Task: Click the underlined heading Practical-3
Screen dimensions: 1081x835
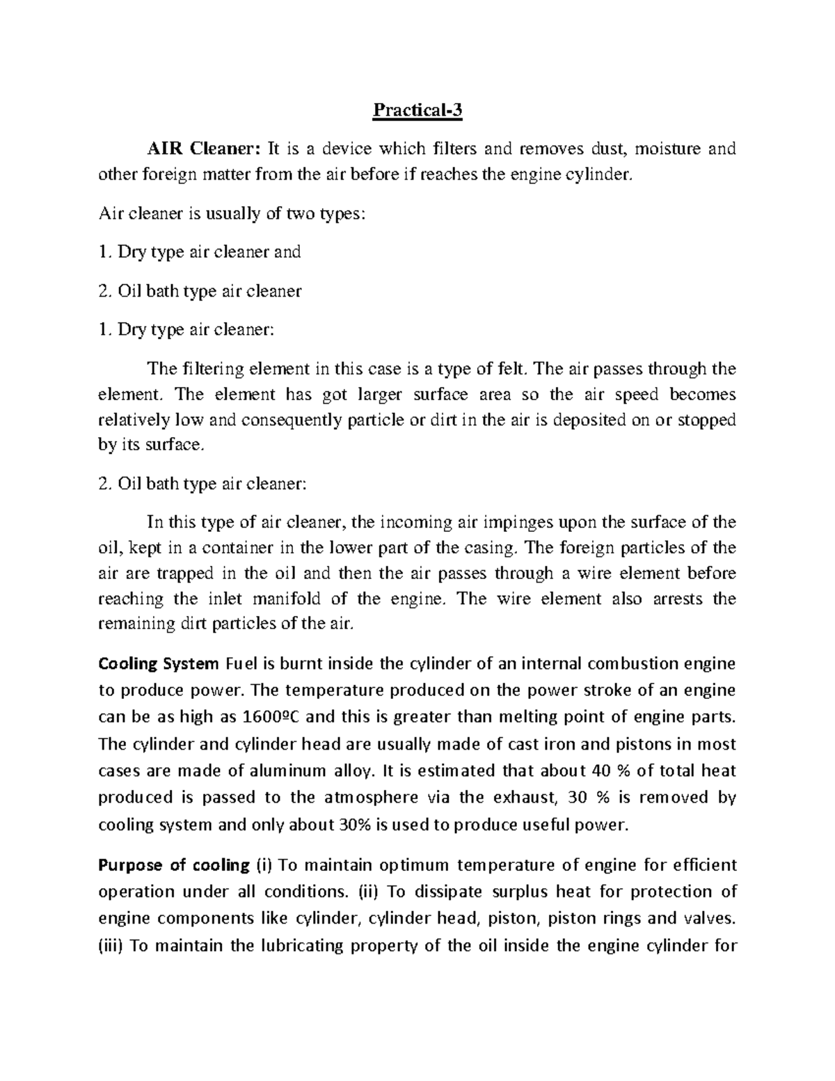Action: point(417,111)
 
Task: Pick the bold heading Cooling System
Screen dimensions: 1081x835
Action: point(159,663)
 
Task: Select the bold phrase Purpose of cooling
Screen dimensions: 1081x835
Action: point(174,865)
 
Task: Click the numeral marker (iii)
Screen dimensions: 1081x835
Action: point(111,946)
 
